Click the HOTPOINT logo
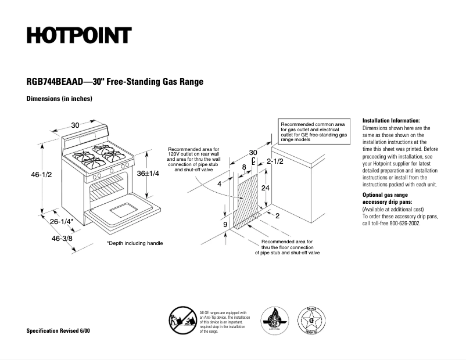tap(78, 35)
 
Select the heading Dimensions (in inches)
tap(59, 99)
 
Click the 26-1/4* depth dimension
tap(62, 222)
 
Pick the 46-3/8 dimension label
tap(62, 238)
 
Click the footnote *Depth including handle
tap(135, 243)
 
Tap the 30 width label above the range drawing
tap(76, 125)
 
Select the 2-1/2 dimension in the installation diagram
tap(275, 161)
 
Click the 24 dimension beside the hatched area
tap(265, 188)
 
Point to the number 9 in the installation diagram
tap(225, 224)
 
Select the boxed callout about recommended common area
tap(314, 132)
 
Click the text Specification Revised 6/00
tap(58, 330)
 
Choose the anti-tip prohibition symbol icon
tap(181, 319)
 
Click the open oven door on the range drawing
tap(122, 210)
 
